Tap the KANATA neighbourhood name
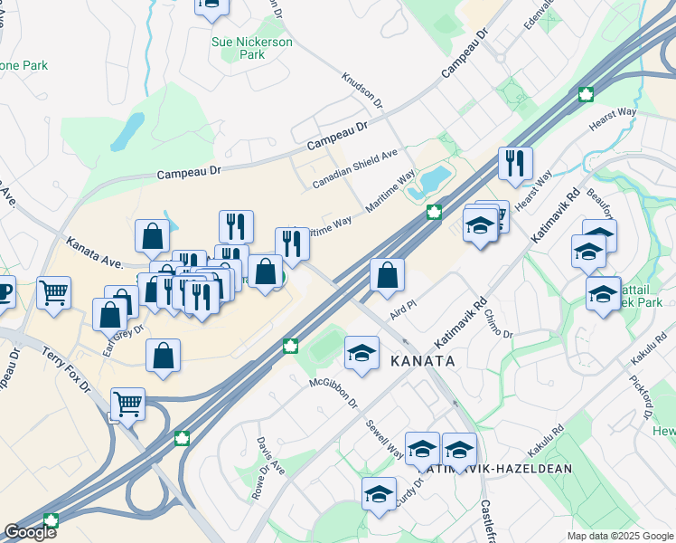tap(421, 360)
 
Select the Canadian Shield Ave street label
tap(355, 169)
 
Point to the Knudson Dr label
tap(362, 90)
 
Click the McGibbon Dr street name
tap(333, 394)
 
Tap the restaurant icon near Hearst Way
tap(515, 164)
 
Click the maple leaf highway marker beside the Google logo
tap(51, 520)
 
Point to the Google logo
tap(30, 532)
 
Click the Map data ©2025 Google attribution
tap(619, 536)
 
